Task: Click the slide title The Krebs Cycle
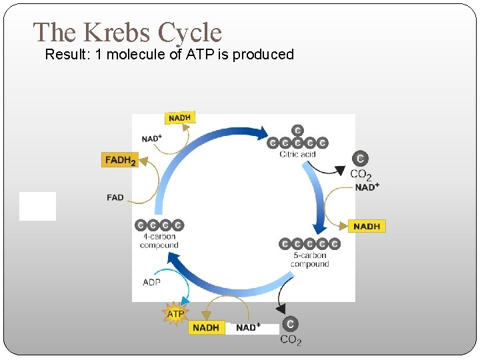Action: click(x=127, y=33)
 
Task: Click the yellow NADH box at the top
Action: click(x=179, y=118)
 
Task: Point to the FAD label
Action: click(x=115, y=197)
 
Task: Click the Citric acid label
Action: click(x=297, y=155)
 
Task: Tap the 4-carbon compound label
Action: click(x=159, y=241)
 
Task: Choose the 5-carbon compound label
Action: click(x=309, y=259)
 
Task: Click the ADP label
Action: click(x=151, y=282)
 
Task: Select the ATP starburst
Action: click(x=175, y=313)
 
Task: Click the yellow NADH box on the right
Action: click(x=367, y=227)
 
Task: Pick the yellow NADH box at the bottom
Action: click(x=206, y=327)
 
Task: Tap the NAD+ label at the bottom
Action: click(x=248, y=327)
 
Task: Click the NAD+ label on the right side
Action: click(x=367, y=187)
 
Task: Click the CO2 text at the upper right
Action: click(x=361, y=175)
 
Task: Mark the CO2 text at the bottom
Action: click(x=291, y=340)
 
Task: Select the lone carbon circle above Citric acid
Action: click(x=297, y=130)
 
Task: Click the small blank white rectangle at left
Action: click(x=37, y=206)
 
